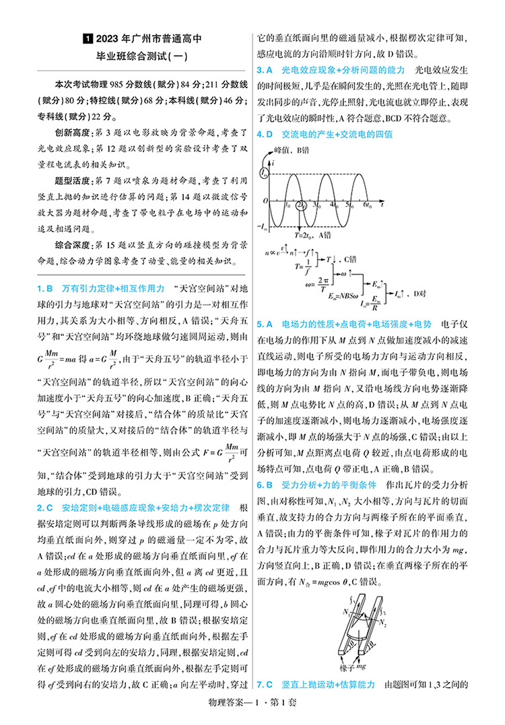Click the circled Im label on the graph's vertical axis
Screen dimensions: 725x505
pyautogui.click(x=264, y=174)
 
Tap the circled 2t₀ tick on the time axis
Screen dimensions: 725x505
pyautogui.click(x=302, y=204)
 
